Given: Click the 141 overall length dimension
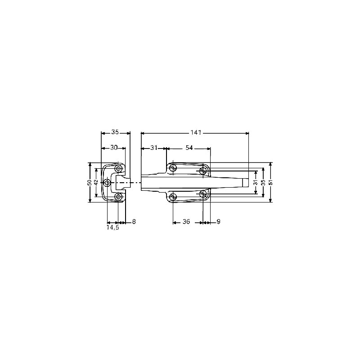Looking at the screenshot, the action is [x=196, y=132].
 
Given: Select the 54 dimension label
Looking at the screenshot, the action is [x=189, y=148].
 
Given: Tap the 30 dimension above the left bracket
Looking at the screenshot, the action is [x=114, y=148].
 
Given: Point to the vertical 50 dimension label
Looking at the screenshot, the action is [x=90, y=183].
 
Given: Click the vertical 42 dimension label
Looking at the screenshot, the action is [x=96, y=183].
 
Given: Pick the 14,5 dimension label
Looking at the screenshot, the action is [x=112, y=228].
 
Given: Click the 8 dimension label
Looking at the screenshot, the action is [x=134, y=221].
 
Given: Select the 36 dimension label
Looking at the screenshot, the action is [x=186, y=221].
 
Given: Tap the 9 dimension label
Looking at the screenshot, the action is [x=218, y=221].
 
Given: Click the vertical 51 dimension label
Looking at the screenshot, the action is [x=271, y=183].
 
